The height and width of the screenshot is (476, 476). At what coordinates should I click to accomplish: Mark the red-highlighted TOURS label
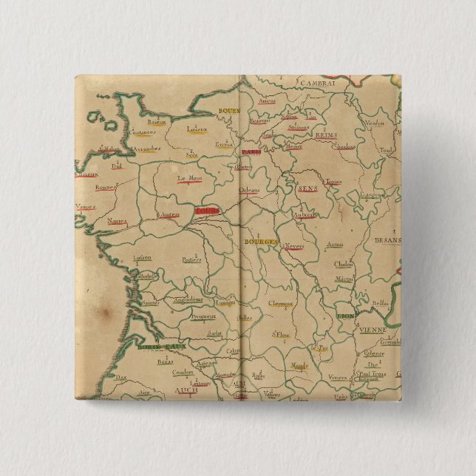[206, 211]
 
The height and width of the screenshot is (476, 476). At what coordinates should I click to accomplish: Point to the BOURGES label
[261, 242]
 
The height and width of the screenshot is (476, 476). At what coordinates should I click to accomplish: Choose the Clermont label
[281, 302]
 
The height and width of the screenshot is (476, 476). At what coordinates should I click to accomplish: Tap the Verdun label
[376, 123]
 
